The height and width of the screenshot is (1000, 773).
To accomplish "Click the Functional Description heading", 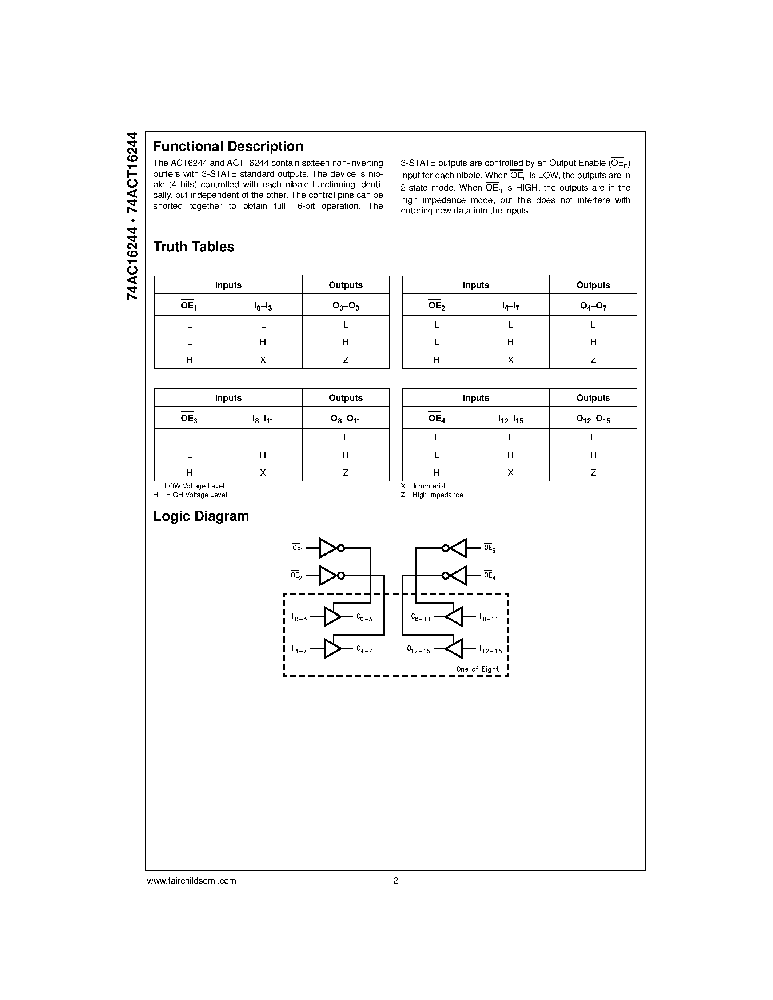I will coord(228,147).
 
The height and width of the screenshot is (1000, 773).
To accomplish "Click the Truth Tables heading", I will coord(194,247).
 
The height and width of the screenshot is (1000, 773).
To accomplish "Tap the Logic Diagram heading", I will coord(201,516).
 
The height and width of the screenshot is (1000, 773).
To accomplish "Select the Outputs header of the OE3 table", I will coord(346,398).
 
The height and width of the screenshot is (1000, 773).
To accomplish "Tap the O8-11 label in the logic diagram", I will coord(421,618).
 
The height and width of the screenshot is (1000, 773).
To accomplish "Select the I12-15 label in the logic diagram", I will coord(490,650).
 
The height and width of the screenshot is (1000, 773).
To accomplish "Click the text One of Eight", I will coord(477,669).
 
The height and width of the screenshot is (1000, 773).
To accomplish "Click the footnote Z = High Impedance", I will coord(432,495).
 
